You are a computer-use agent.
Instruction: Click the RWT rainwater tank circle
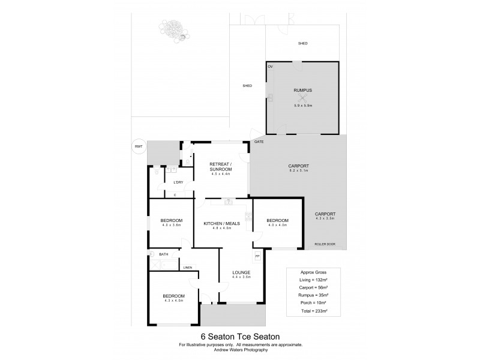click(x=139, y=146)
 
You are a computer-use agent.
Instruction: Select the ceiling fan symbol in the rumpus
click(x=303, y=98)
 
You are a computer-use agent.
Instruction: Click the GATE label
click(x=259, y=142)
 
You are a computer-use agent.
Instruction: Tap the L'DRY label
click(x=178, y=182)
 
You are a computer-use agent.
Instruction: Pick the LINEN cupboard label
click(x=187, y=268)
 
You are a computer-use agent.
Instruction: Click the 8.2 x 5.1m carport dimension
click(x=298, y=170)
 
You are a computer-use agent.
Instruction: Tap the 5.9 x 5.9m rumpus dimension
click(x=303, y=106)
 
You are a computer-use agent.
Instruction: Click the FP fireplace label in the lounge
click(x=257, y=256)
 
